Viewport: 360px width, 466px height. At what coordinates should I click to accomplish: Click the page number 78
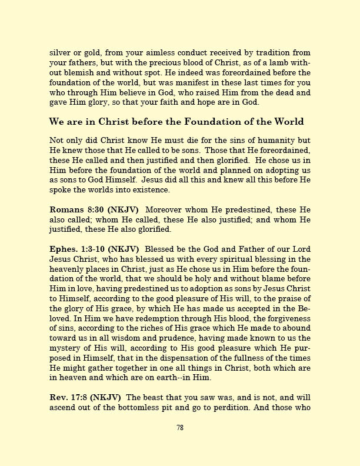coord(180,428)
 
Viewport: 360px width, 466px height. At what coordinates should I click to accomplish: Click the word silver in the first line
coord(59,52)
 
